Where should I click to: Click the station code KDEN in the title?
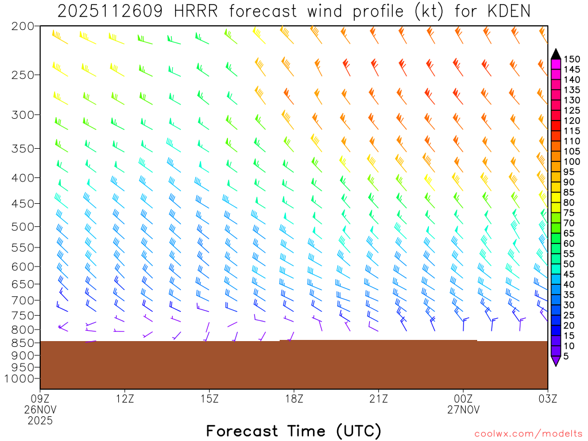click(503, 11)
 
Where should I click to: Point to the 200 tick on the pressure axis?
click(22, 26)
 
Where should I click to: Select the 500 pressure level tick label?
click(22, 227)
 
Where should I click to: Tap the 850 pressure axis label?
click(22, 343)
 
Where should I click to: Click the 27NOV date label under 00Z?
click(463, 409)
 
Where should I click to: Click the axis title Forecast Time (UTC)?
click(293, 431)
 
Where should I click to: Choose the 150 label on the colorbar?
click(571, 59)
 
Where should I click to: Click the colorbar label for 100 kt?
click(571, 162)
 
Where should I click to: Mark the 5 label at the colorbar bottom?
click(566, 357)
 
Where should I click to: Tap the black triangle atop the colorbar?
click(556, 54)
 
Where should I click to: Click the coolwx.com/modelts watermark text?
click(528, 433)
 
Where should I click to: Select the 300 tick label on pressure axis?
click(22, 115)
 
